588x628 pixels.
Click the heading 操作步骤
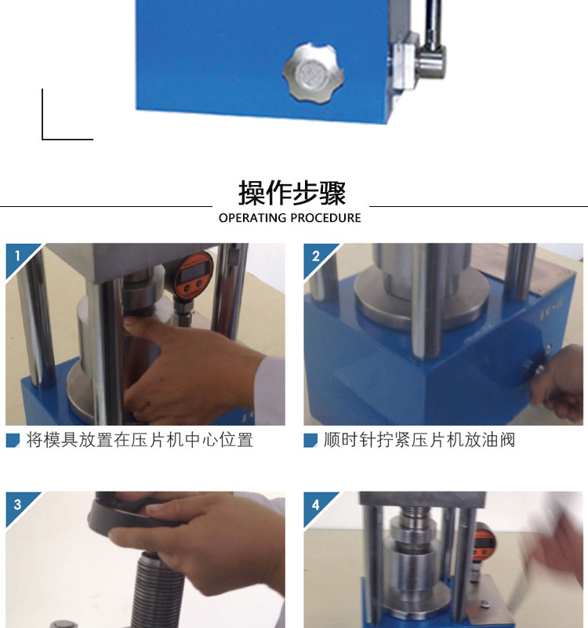292,193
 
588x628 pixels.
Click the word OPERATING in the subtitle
252,218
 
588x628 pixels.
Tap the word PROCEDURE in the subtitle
325,218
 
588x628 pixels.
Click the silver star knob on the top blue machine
314,72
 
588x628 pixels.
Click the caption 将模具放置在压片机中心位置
140,440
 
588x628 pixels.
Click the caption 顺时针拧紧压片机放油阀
419,440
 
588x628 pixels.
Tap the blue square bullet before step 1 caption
13,440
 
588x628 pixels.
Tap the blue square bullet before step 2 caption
310,440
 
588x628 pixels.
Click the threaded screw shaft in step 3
158,589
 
